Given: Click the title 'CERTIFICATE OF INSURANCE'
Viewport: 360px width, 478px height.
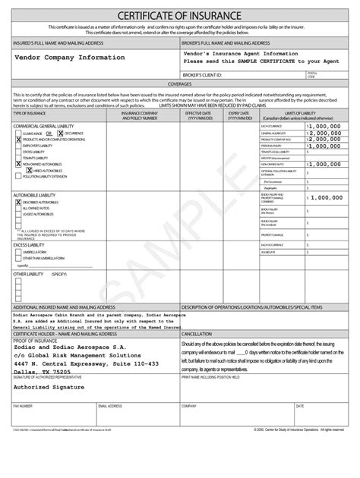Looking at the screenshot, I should (179, 17).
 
